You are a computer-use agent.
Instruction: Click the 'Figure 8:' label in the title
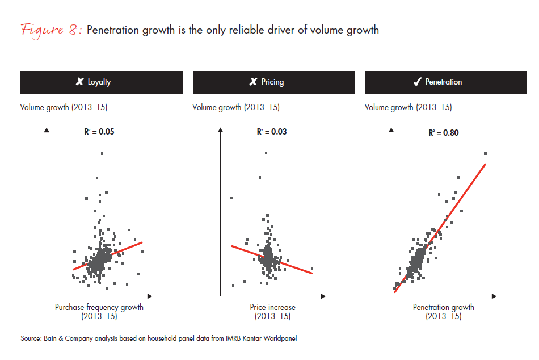coord(52,30)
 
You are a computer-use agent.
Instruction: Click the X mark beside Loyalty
coord(80,82)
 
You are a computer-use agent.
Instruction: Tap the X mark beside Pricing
coord(253,82)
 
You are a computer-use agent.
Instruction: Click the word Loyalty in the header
coord(99,82)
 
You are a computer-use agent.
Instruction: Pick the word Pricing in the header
coord(272,82)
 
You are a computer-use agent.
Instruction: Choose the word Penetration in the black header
coord(444,82)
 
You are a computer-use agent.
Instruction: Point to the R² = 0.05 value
coord(99,132)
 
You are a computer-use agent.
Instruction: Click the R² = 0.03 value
coord(272,132)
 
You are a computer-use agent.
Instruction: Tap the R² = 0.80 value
coord(444,133)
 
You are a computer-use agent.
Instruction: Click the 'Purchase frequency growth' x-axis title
coord(99,307)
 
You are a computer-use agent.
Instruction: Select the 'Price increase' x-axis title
coord(272,307)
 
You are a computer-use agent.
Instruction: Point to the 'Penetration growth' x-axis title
coord(444,307)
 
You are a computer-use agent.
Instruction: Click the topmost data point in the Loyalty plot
coord(102,153)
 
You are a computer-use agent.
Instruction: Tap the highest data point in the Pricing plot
coord(266,153)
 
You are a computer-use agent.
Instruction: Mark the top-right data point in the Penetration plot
coord(486,154)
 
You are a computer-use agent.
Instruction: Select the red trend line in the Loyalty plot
coord(108,256)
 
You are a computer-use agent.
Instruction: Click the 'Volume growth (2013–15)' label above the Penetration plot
coord(408,107)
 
